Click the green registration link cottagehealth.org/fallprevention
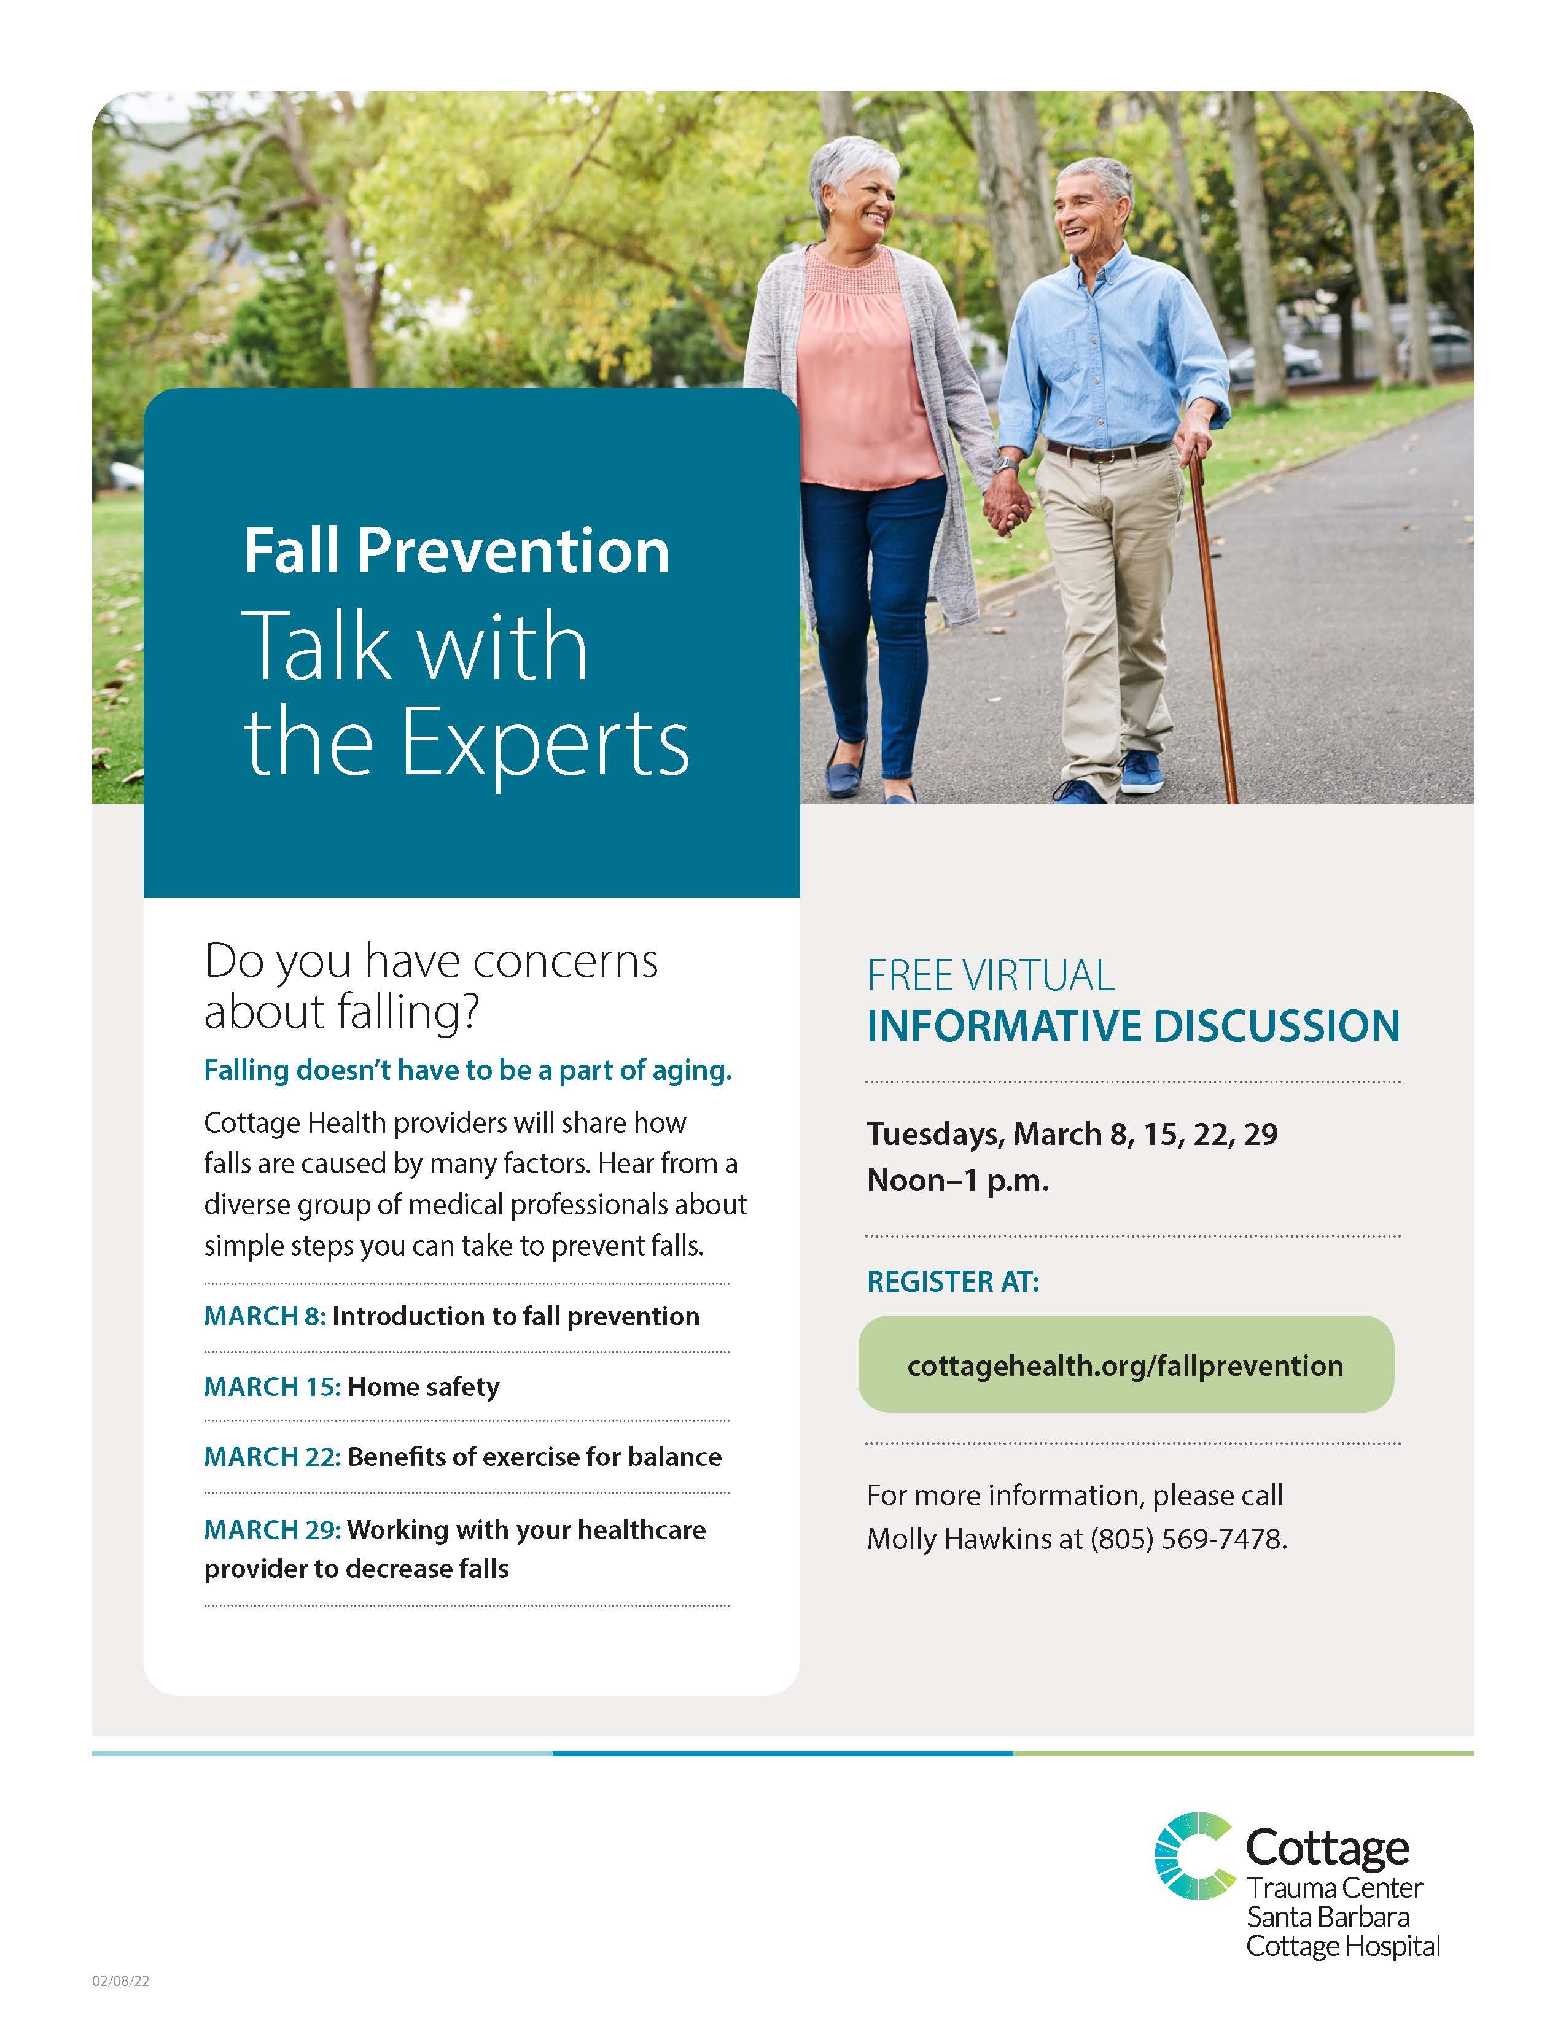click(1125, 1365)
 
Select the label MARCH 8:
click(265, 1316)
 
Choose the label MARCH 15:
click(273, 1387)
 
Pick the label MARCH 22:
click(273, 1457)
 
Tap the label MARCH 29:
click(273, 1530)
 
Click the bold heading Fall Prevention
click(456, 551)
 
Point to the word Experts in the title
click(545, 743)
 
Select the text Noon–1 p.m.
click(957, 1181)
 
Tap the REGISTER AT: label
click(952, 1282)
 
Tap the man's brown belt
click(1108, 451)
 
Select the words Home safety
click(424, 1387)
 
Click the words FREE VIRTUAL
click(991, 976)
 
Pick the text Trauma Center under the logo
click(1334, 1888)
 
